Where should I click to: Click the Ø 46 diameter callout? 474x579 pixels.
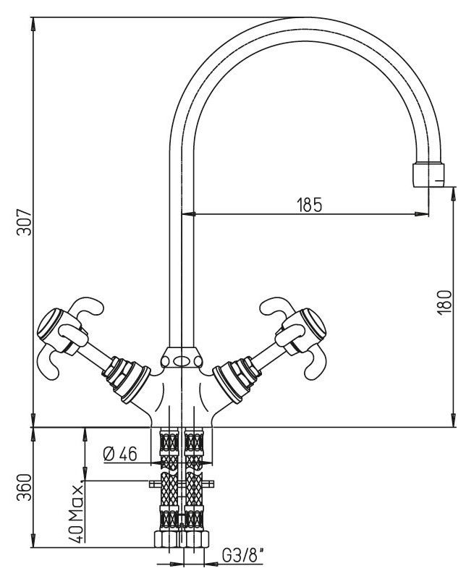click(120, 455)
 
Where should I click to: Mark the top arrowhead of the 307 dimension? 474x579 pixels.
click(34, 22)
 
